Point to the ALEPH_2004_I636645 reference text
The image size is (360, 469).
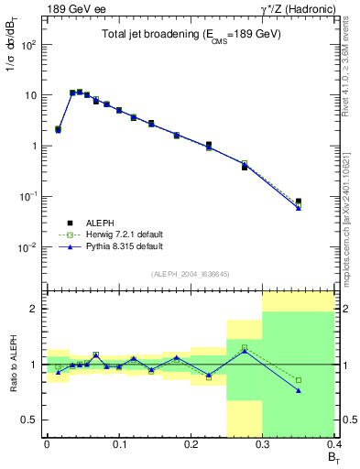[x=191, y=273]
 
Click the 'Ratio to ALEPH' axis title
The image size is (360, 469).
[x=14, y=365]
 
